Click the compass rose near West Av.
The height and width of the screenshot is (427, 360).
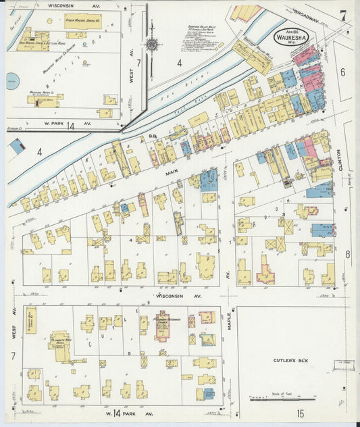point(151,44)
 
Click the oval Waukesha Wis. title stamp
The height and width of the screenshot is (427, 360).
point(290,38)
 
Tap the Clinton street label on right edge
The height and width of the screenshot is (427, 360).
point(350,159)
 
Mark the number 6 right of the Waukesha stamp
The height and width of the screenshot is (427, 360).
point(342,72)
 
